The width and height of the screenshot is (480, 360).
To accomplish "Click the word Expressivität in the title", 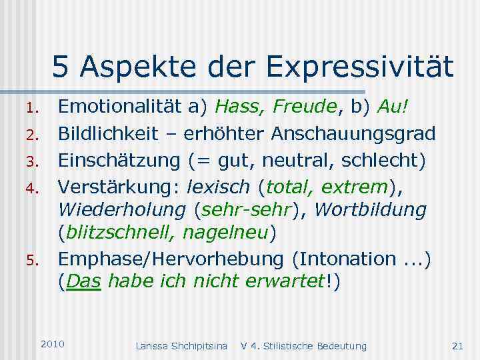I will (359, 67).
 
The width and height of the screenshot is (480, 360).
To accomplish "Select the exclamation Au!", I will (393, 106).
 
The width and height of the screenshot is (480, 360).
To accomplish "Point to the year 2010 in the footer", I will (53, 343).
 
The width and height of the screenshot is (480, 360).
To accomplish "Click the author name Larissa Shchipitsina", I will (181, 345).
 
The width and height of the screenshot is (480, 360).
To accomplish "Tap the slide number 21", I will (457, 345).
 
